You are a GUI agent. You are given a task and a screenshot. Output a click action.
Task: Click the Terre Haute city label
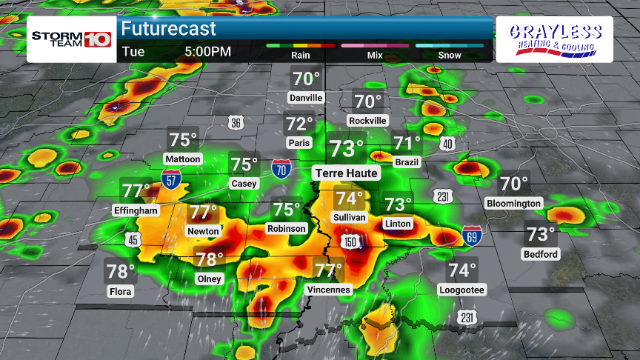coord(347,173)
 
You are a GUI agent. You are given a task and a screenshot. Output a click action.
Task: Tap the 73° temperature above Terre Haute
coord(347,149)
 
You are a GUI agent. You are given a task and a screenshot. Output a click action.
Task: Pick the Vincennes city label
coord(327,290)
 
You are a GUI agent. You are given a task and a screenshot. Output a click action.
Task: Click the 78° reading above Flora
coord(121,272)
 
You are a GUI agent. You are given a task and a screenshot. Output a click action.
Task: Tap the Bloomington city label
coord(514,203)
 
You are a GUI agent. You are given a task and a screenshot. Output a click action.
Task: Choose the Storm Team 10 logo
coord(70,39)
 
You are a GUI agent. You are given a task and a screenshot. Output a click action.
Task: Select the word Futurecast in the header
coord(168,29)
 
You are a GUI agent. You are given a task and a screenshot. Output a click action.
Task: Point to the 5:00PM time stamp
coord(208,52)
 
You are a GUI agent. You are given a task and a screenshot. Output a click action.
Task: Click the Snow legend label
coord(449,55)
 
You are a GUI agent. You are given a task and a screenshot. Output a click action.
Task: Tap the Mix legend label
coord(375,55)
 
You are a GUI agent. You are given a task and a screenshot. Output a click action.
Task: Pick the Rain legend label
coord(300,55)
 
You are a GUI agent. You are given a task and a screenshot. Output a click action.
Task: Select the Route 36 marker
coord(235,123)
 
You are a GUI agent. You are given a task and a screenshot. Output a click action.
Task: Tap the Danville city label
coord(306,98)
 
